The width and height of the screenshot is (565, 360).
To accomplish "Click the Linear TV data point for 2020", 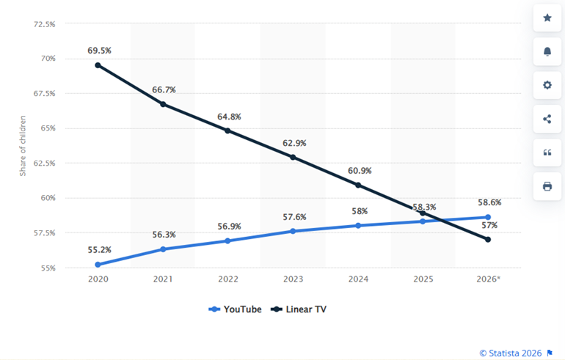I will click(98, 65).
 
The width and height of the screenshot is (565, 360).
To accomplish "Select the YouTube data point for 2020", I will click(98, 265).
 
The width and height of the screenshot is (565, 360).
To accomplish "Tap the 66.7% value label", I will click(163, 89).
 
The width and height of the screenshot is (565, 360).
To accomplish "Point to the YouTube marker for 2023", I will click(293, 231).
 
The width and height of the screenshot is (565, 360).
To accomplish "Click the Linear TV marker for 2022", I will click(227, 131).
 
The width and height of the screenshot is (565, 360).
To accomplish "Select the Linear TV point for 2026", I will click(487, 239).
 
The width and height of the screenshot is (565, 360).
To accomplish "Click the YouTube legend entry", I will click(236, 309).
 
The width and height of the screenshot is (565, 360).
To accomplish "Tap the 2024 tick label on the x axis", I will click(358, 279).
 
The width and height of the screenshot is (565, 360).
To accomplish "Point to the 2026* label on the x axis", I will click(488, 279).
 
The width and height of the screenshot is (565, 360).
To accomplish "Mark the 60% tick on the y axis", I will click(47, 198).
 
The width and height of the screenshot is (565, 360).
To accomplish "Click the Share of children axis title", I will click(23, 145).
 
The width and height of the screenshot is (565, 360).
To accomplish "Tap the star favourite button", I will click(547, 18).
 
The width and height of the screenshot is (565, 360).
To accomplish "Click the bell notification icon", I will click(547, 51).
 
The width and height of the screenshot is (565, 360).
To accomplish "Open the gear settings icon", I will click(547, 85).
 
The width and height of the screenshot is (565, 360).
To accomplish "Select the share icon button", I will click(547, 119).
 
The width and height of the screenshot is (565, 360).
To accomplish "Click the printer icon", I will click(547, 186).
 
